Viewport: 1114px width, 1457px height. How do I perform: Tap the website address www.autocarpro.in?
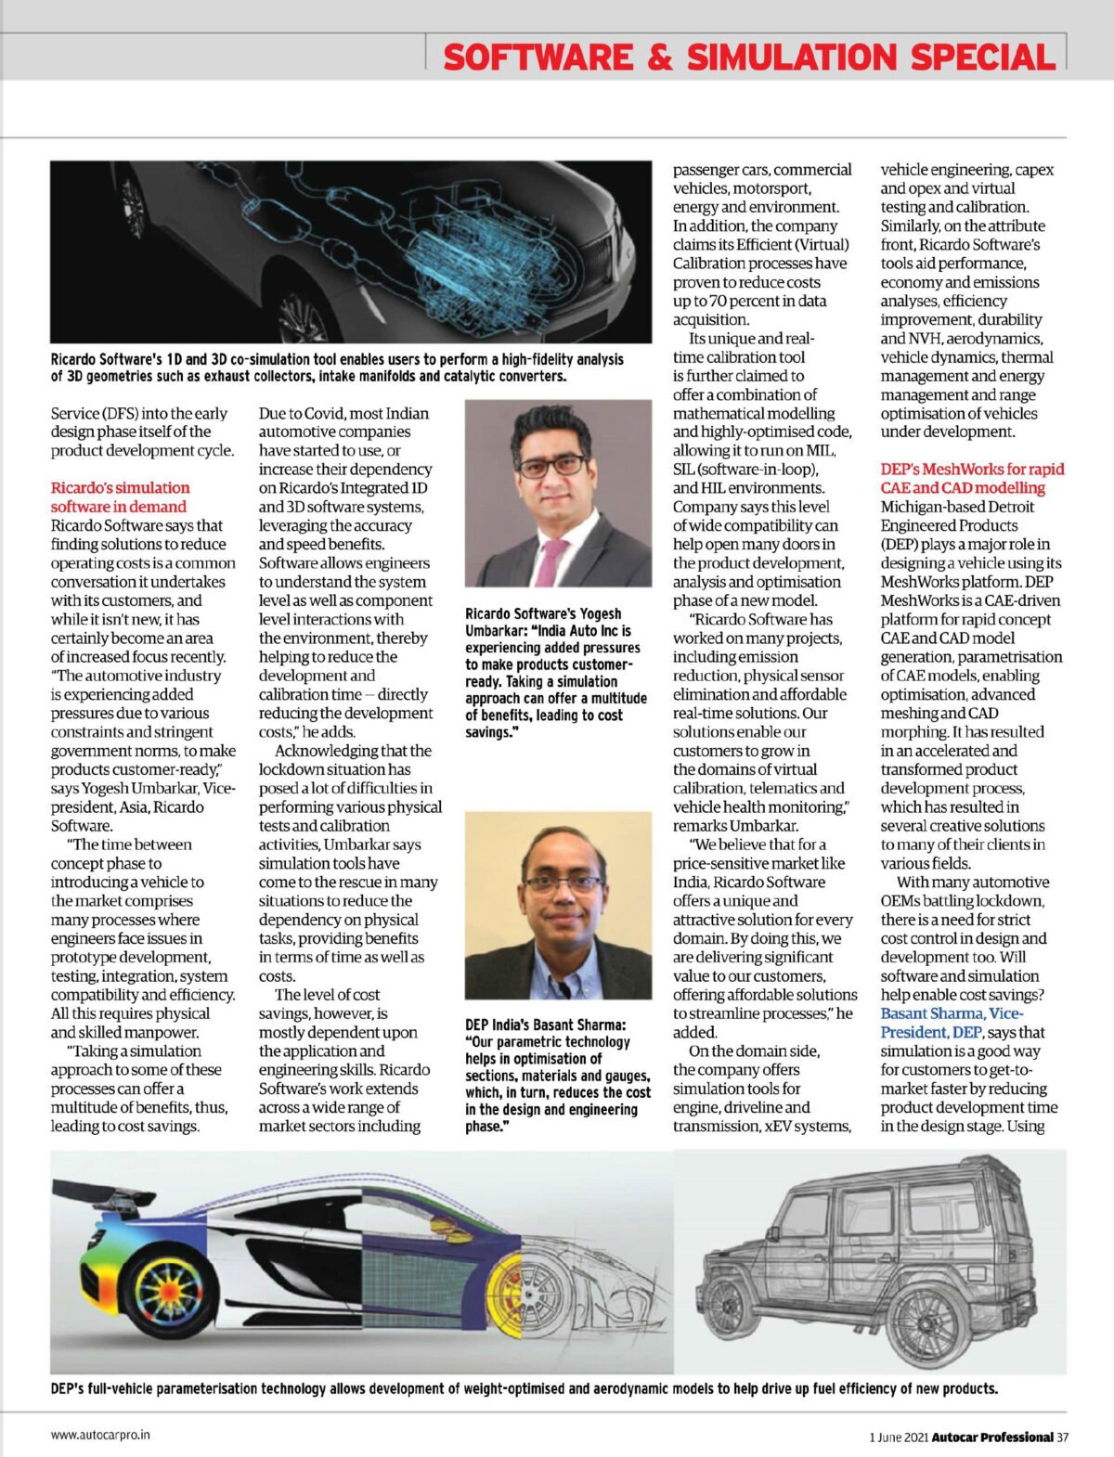coord(100,1434)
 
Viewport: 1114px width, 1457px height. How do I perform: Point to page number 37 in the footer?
coord(1062,1437)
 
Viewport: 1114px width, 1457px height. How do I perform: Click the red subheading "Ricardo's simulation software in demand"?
coord(120,496)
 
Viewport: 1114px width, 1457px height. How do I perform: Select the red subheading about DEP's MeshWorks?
coord(972,478)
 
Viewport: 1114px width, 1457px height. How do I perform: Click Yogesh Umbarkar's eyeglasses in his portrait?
coord(552,465)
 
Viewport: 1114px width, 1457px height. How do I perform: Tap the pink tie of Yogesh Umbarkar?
coord(551,561)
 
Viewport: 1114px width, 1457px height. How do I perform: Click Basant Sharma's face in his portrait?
coord(561,886)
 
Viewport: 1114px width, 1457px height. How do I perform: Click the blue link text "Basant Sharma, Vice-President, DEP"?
coord(952,1023)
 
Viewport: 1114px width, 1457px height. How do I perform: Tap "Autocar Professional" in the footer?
coord(992,1437)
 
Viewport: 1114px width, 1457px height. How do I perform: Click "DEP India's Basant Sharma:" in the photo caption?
coord(545,1025)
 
